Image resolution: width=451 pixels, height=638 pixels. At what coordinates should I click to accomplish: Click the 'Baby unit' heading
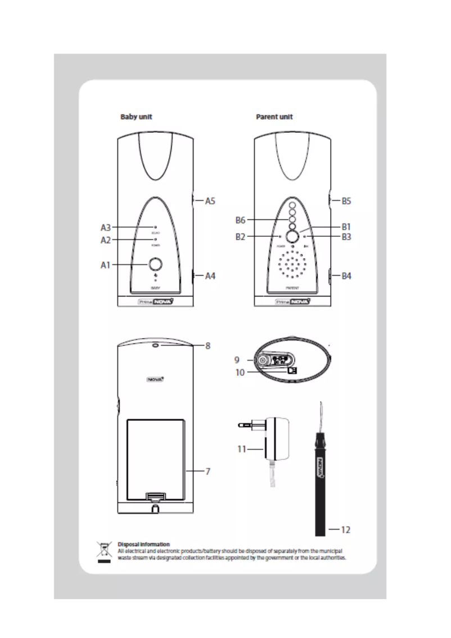137,117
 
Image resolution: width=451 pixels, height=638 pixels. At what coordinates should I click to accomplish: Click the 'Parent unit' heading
274,117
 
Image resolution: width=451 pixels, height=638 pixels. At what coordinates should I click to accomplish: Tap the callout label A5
210,200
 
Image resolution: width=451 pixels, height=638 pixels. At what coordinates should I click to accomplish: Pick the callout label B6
243,219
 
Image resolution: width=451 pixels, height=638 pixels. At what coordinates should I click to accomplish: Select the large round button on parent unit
292,237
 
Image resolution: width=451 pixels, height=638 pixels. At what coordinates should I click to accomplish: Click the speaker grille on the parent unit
292,267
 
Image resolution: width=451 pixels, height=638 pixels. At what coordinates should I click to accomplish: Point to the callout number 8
208,346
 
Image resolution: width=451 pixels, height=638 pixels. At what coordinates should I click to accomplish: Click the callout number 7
208,470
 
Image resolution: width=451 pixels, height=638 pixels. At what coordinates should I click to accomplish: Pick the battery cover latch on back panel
155,496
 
